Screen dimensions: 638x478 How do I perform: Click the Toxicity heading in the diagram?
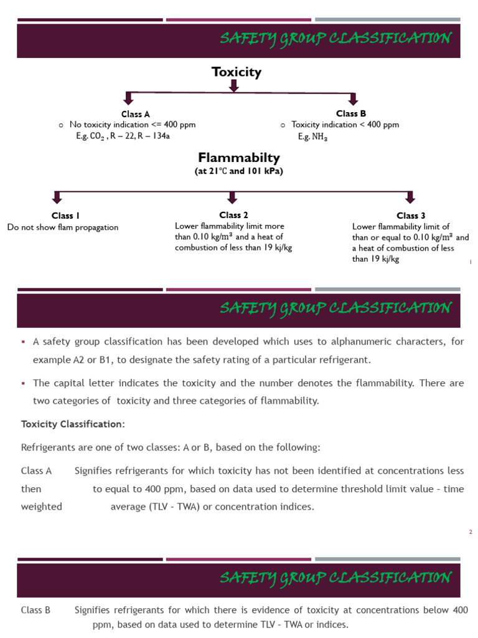coord(237,72)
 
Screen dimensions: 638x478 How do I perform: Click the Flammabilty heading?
coord(238,158)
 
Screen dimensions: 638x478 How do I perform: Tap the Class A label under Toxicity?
coord(136,114)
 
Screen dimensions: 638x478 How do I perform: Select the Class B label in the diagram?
coord(350,113)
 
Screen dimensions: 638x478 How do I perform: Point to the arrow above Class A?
coord(128,98)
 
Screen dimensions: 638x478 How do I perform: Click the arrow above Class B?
coord(353,98)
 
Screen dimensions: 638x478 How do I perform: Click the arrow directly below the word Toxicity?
coord(234,86)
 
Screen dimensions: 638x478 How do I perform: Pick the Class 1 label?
coord(65,216)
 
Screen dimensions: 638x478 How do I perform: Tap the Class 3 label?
coord(411,216)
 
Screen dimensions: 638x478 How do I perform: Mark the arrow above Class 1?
coord(57,197)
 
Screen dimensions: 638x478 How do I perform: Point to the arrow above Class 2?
coord(232,197)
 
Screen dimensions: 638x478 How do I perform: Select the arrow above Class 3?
coord(410,197)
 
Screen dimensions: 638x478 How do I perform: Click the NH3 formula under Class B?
coord(319,137)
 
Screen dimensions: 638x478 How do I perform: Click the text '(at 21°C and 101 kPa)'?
coord(238,172)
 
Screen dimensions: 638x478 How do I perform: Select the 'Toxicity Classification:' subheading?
coord(73,424)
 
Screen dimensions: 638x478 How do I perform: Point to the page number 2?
coord(471,531)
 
